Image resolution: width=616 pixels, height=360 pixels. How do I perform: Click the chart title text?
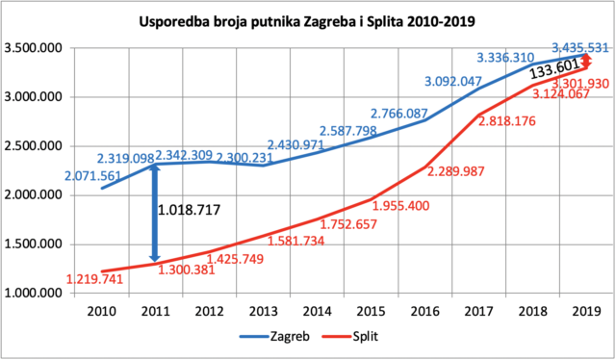point(307,21)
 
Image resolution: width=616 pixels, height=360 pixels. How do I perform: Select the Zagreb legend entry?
point(274,337)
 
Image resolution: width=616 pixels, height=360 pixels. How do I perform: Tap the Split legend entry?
point(350,337)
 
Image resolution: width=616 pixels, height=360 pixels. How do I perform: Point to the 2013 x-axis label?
point(263,312)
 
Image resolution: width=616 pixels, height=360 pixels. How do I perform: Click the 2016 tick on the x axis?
point(425,312)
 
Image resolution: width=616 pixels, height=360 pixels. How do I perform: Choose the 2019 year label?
point(586,312)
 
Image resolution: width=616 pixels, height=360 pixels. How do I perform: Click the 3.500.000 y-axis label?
point(33,48)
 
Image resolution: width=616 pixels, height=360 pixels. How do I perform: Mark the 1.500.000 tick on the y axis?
point(33,244)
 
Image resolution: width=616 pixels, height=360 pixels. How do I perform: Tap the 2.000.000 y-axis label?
point(33,195)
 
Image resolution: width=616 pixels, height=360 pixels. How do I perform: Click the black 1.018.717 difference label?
point(189,210)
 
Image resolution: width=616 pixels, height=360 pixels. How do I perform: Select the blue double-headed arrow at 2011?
point(155,213)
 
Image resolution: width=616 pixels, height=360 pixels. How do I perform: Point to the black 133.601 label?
point(554,69)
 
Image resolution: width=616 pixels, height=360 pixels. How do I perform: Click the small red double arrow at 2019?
point(586,62)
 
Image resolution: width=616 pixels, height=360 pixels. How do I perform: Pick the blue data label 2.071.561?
point(92,176)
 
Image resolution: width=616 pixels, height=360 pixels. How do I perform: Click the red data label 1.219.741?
point(94,279)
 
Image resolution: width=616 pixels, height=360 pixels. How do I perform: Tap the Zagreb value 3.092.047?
point(453,82)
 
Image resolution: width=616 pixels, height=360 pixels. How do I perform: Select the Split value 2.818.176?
point(507,121)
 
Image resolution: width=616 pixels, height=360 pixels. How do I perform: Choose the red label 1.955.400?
point(400,206)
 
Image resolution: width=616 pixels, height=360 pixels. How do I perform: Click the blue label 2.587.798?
point(348,131)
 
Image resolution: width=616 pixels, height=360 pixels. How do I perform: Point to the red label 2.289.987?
point(455,171)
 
